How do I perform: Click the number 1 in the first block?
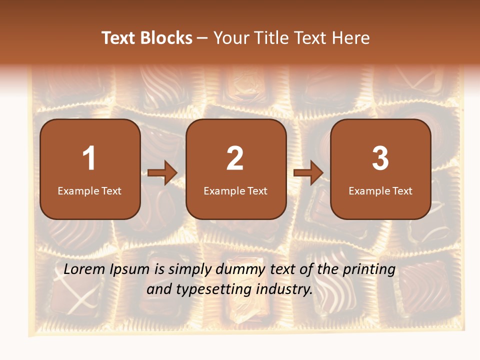89,158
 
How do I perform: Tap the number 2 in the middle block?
235,158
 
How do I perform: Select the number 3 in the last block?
380,158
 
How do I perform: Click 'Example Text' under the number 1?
89,191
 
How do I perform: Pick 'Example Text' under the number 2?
235,191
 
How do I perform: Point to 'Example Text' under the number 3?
380,191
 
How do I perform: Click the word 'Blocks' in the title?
166,38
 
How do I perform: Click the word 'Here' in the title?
349,38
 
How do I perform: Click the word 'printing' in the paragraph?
369,270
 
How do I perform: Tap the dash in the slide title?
202,38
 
